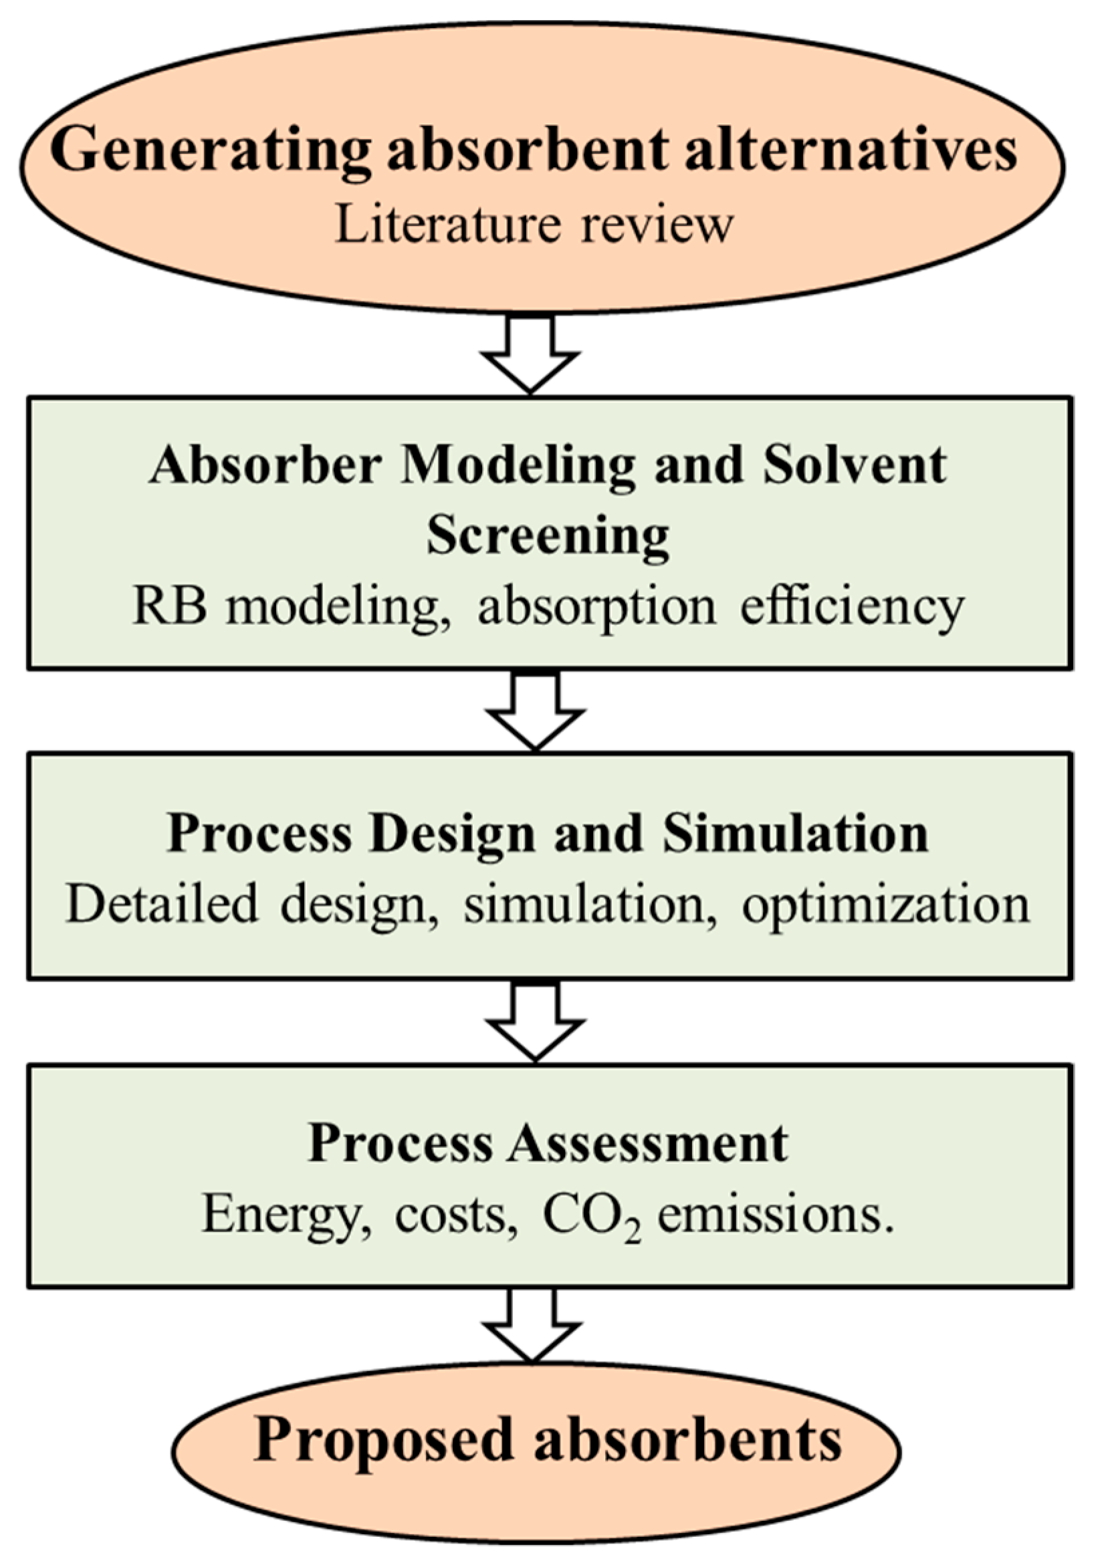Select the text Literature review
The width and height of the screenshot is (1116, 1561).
click(x=535, y=225)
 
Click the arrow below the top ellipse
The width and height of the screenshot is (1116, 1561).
click(x=530, y=354)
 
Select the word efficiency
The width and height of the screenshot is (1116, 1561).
click(x=852, y=609)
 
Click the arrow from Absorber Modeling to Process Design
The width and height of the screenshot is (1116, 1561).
click(x=535, y=711)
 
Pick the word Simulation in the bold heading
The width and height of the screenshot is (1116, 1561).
click(x=795, y=835)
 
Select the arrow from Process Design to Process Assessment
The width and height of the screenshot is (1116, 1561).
click(x=535, y=1022)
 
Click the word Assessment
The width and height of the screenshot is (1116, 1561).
click(x=647, y=1144)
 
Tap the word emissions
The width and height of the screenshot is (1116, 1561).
click(x=776, y=1215)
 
